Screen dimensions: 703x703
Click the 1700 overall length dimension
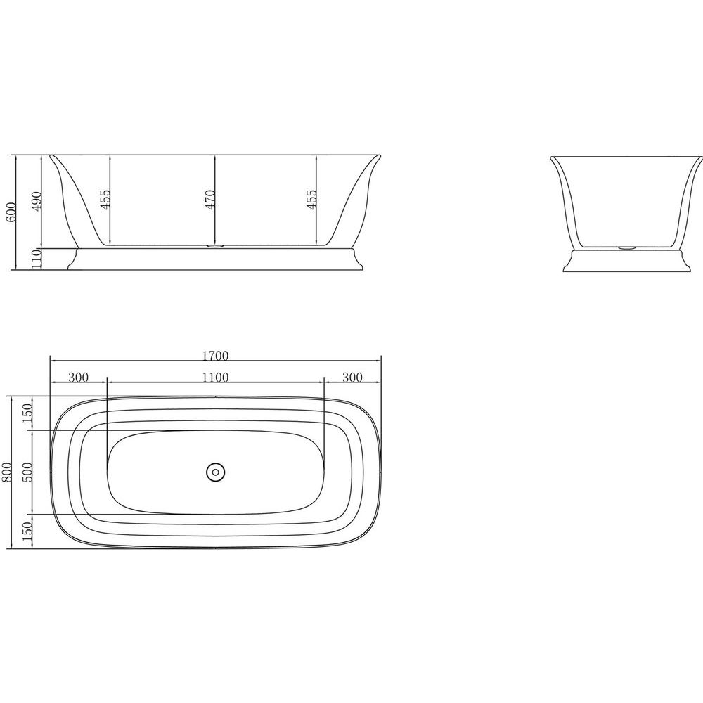[x=215, y=356]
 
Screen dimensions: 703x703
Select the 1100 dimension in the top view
[x=215, y=377]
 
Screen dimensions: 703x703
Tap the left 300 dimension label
[x=79, y=377]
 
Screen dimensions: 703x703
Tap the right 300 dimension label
[x=352, y=377]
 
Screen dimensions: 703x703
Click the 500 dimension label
[x=28, y=472]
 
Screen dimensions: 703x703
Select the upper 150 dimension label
[x=28, y=413]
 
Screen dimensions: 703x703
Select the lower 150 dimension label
[x=28, y=531]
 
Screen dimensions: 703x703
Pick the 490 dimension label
[x=38, y=201]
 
